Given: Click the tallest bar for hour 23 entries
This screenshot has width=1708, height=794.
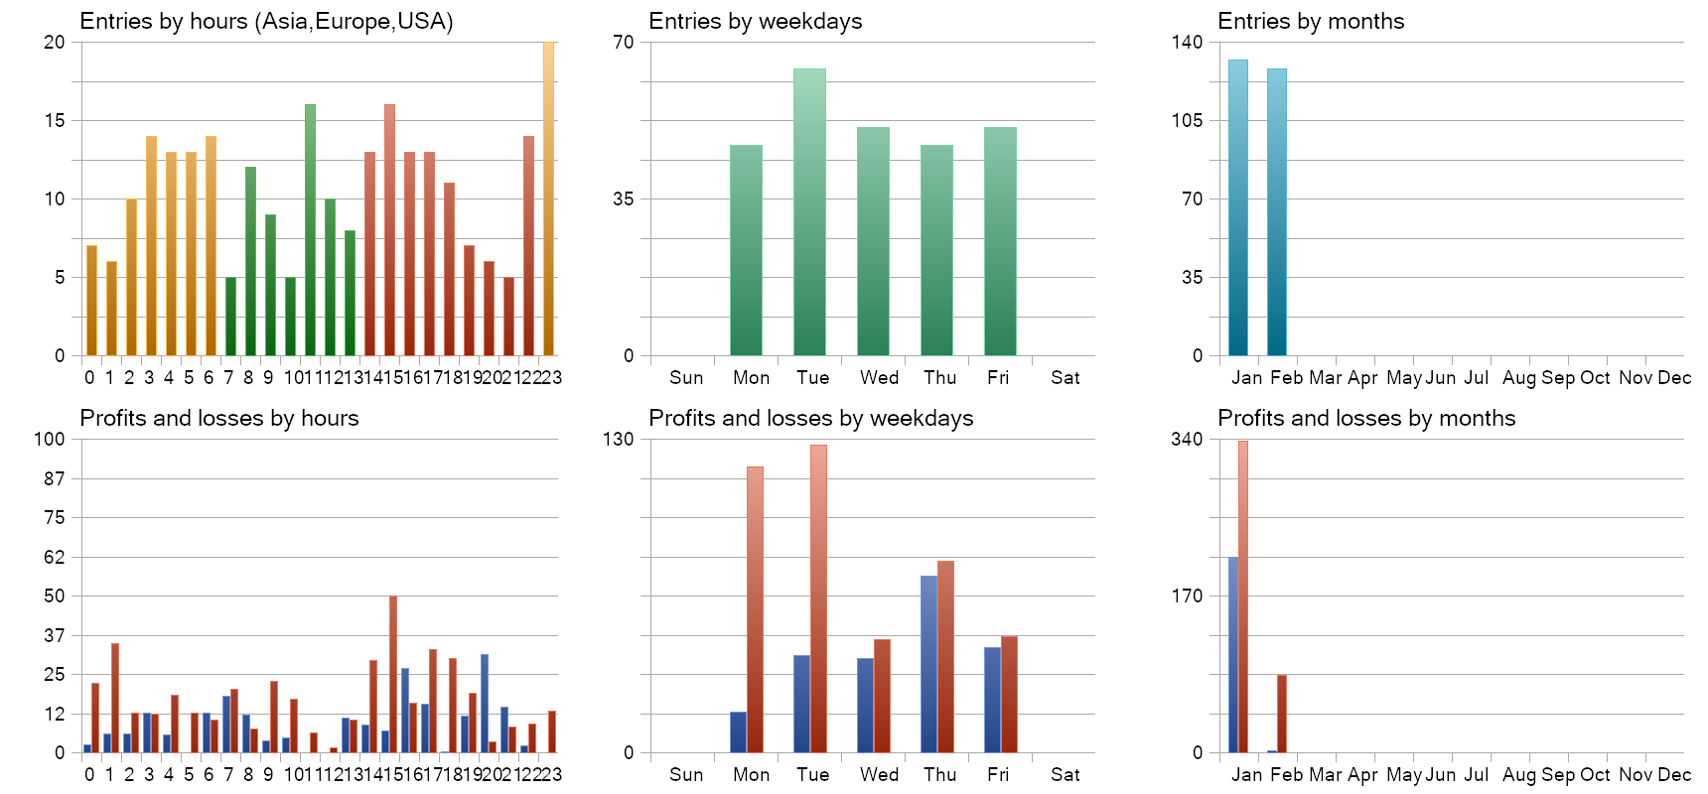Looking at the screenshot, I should pos(548,198).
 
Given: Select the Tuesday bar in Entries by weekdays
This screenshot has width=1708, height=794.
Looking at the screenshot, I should pos(809,212).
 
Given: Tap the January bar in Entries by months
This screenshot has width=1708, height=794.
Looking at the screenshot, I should pos(1238,207).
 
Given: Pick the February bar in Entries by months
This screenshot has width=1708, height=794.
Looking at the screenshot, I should pos(1277,212).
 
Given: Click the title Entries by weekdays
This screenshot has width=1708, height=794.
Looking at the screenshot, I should pos(755,22).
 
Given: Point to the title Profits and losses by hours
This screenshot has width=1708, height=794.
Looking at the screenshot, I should pos(218,419).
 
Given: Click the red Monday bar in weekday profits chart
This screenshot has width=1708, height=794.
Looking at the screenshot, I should pos(755,609).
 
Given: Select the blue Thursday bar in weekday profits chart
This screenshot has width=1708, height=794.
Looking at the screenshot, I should pos(928,664).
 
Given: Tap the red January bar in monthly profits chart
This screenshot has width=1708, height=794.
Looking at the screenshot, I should pos(1243,596).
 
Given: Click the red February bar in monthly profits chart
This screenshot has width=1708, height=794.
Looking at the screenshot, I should pos(1282,714).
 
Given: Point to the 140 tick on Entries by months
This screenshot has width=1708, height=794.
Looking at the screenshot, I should pos(1187,42).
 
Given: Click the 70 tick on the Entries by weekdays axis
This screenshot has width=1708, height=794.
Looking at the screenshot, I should pos(623,42).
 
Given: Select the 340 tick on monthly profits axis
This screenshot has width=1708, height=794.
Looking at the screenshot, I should pos(1187,439).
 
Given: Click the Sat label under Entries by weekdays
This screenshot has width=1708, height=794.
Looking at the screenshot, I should pos(1065,378).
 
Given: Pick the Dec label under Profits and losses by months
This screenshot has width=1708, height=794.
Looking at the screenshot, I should pos(1674,775).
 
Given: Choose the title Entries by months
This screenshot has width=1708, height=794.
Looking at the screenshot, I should pos(1311,22).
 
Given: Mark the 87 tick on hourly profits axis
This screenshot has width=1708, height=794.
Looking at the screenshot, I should pos(54,478).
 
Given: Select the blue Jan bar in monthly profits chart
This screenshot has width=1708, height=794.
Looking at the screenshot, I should pos(1233,655).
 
